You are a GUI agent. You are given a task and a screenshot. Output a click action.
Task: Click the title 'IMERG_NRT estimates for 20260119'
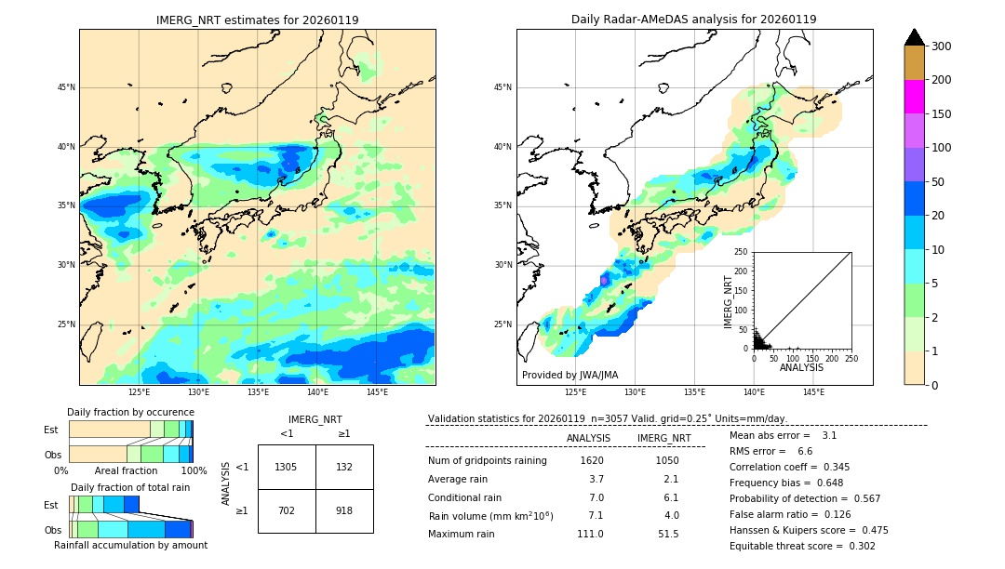coord(257,20)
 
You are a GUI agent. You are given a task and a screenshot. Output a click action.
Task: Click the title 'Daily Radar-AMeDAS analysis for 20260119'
coord(694,20)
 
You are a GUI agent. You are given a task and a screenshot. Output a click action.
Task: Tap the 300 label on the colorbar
coord(943,46)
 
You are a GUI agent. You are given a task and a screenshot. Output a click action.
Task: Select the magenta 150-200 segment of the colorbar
coord(915,97)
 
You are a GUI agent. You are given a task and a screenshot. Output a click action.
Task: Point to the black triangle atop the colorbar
coord(915,37)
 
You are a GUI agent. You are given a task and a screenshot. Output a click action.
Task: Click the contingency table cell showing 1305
coord(287,467)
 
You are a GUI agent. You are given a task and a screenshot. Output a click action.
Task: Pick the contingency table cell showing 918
coord(344,510)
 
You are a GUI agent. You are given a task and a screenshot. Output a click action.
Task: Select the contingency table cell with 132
coord(344,467)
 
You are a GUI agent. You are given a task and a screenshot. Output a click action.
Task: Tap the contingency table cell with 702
coord(287,510)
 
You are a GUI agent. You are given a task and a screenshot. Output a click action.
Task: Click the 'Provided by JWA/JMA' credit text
coord(569,375)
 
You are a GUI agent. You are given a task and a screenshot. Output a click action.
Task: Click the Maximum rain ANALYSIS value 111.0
coord(590,534)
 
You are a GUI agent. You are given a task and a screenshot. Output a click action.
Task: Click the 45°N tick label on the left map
coord(66,87)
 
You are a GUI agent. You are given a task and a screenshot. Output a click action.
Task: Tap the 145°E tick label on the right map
coord(813,392)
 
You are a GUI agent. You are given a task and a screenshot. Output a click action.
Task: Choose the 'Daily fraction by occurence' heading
coord(130,412)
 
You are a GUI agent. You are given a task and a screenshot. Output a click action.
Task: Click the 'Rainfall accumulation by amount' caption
coord(130,545)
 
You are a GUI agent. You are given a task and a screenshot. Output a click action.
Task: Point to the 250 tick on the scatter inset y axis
coord(742,252)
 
